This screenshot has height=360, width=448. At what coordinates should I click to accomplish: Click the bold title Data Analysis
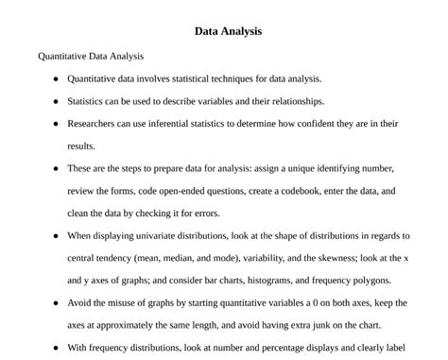pyautogui.click(x=228, y=31)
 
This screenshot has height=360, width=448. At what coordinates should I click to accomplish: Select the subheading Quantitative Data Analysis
pyautogui.click(x=91, y=56)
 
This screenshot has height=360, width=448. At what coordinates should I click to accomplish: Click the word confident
pyautogui.click(x=317, y=124)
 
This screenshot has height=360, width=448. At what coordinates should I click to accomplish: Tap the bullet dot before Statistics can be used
pyautogui.click(x=56, y=101)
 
